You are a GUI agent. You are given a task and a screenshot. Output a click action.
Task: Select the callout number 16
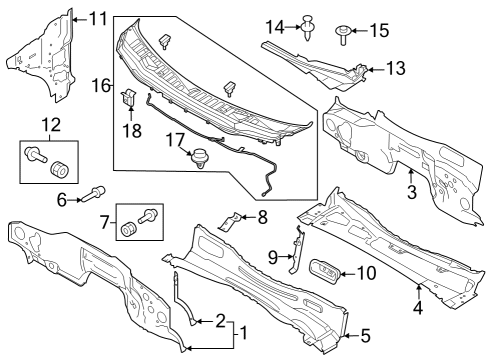(100, 87)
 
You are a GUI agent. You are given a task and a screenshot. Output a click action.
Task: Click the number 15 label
(378, 30)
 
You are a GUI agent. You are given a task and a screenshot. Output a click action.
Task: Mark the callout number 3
(410, 189)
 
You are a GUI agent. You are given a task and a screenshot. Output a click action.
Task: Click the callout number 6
(61, 200)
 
